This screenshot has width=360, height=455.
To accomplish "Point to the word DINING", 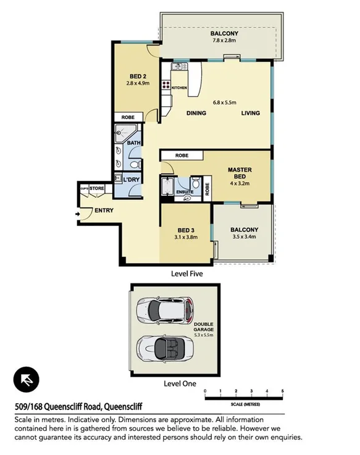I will tap(196, 113).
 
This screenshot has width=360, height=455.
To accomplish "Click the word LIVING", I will tap(250, 113).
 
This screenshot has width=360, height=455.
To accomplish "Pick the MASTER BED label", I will tap(238, 173).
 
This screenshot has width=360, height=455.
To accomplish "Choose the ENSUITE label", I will tap(185, 192).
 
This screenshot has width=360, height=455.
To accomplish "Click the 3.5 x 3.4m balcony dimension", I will tap(242, 238).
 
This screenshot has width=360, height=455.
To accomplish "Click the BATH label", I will tap(134, 143).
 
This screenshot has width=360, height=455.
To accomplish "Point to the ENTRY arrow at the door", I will tap(77, 214).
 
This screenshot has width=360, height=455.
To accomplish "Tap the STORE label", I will tap(97, 188).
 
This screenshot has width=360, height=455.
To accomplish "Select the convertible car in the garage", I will tap(166, 349).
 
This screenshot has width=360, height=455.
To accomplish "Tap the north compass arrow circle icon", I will tap(27, 379).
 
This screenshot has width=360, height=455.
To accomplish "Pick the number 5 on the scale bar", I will tap(282, 391).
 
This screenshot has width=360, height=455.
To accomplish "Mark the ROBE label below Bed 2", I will tap(128, 117).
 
